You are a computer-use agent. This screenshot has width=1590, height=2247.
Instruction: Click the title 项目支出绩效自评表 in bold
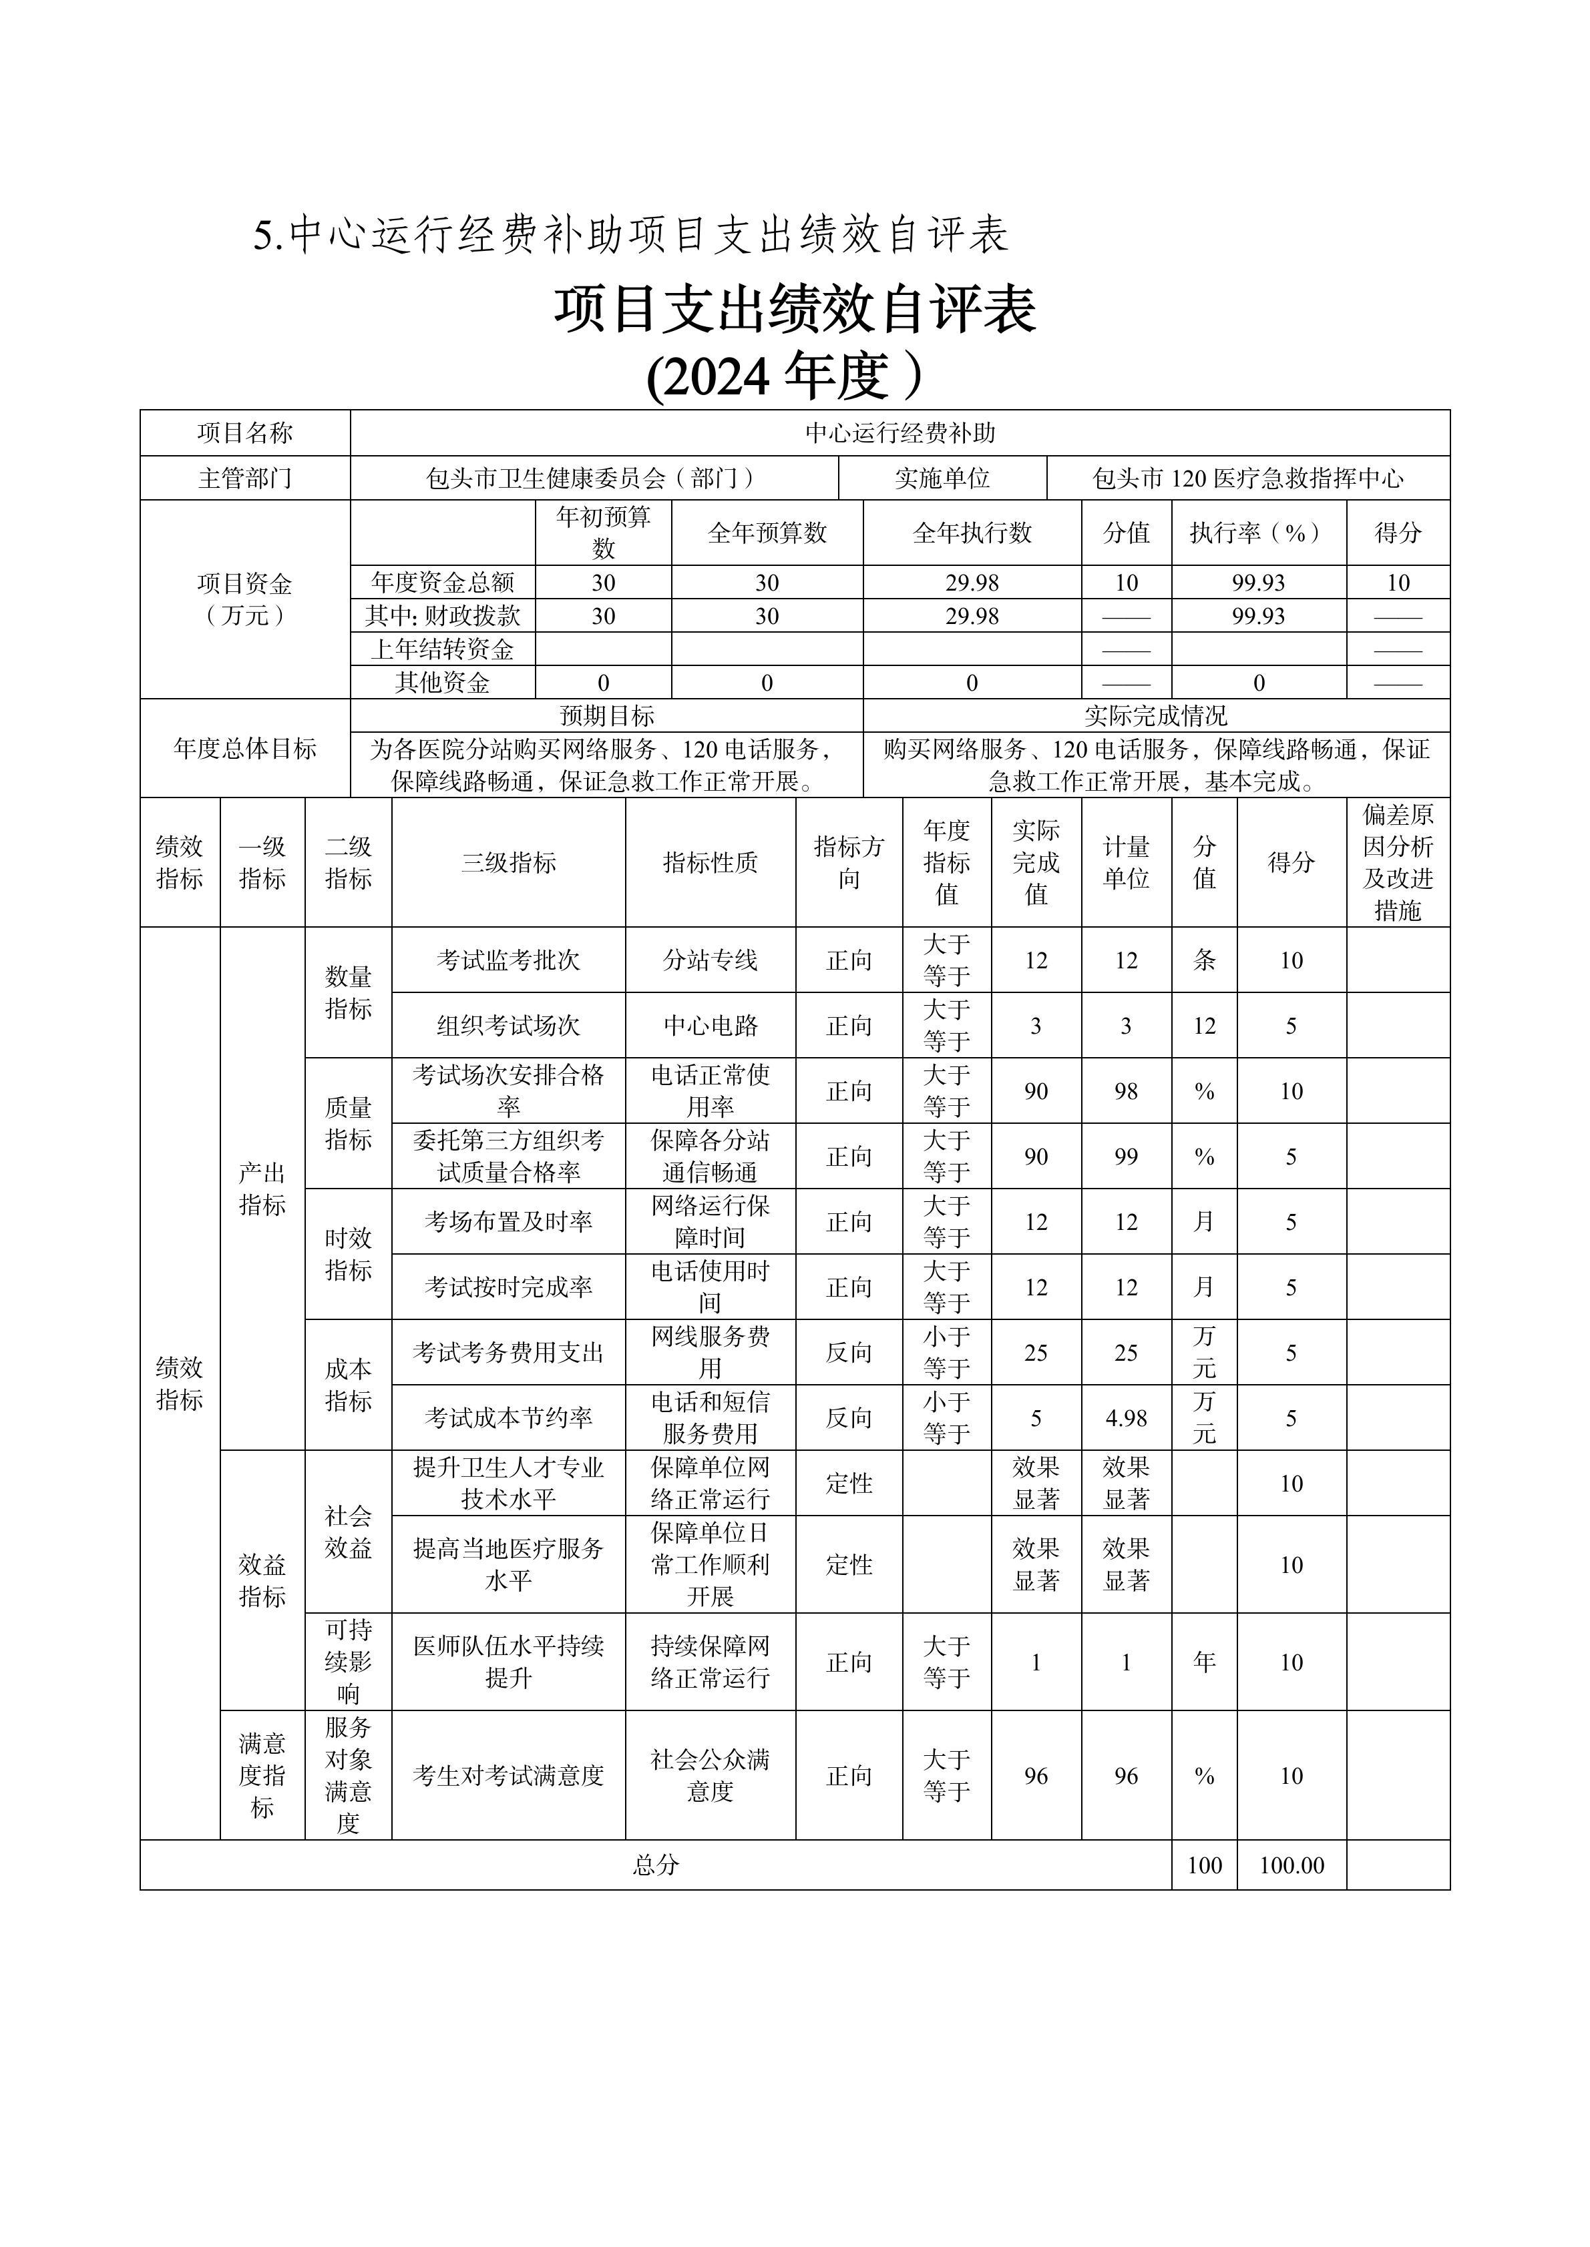794,310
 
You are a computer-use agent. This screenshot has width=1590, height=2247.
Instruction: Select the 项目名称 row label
245,432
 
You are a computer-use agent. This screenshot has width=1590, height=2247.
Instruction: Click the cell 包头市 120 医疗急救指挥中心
1247,478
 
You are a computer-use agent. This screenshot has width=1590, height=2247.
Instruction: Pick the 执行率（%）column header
1258,533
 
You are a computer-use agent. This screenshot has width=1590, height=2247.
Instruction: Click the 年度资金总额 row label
443,583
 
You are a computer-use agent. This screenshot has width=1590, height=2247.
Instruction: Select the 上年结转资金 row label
443,649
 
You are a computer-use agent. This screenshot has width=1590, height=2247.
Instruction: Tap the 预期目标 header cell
606,715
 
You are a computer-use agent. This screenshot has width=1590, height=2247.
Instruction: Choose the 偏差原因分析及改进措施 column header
1397,862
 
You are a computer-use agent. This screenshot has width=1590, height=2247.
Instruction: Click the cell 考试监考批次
508,960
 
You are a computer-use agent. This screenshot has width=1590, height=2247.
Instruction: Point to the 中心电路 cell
710,1026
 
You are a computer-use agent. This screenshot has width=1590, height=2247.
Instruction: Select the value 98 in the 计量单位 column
1126,1091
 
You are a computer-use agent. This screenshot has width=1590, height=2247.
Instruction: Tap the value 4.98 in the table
1126,1418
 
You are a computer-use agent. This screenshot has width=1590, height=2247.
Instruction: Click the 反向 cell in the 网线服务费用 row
848,1353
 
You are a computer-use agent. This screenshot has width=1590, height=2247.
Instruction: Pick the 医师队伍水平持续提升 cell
508,1662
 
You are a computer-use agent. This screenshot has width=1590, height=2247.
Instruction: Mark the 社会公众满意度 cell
710,1775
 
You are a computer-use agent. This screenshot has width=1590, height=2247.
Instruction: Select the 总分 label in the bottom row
655,1865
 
